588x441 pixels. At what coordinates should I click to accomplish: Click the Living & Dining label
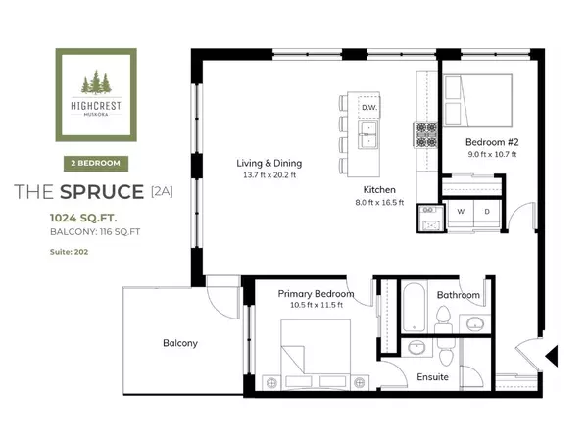point(269,163)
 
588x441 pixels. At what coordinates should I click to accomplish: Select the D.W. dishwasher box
point(369,106)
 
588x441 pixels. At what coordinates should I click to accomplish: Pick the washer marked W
point(460,211)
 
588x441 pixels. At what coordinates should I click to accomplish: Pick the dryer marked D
point(486,211)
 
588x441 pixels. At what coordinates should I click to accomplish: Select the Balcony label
point(180,343)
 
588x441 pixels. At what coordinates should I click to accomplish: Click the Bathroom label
point(459,294)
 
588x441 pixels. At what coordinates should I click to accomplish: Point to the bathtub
point(415,306)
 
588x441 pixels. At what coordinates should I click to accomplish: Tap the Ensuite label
point(432,375)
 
